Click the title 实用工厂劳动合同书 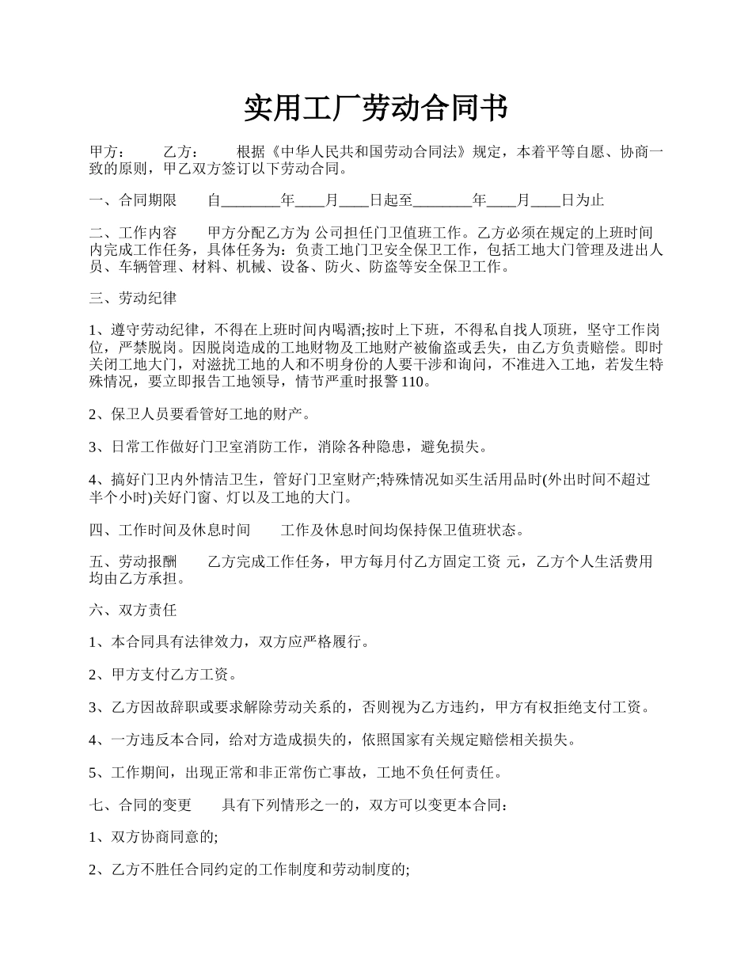[375, 108]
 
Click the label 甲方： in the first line [107, 152]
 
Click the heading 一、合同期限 [133, 200]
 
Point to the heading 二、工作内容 [133, 233]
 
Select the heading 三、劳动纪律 [133, 299]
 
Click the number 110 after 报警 [415, 382]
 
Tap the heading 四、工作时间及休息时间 [170, 529]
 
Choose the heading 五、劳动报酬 [133, 561]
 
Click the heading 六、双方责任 [133, 610]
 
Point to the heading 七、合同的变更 [141, 805]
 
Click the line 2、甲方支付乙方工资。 [162, 675]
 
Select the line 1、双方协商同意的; [154, 837]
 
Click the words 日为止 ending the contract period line [583, 200]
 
